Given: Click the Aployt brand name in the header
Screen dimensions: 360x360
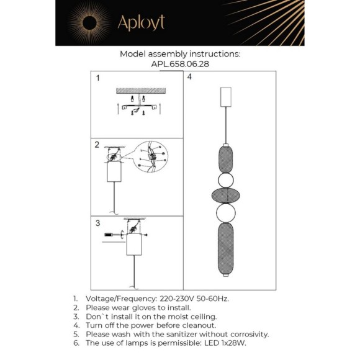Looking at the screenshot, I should [x=141, y=23].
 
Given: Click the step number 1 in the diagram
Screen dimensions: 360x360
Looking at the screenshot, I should [x=97, y=79].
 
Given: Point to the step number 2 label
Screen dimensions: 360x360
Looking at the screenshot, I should [x=97, y=145].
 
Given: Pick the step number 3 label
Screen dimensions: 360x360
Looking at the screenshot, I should [x=97, y=223].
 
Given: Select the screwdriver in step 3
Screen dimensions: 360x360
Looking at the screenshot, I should [x=112, y=235].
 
